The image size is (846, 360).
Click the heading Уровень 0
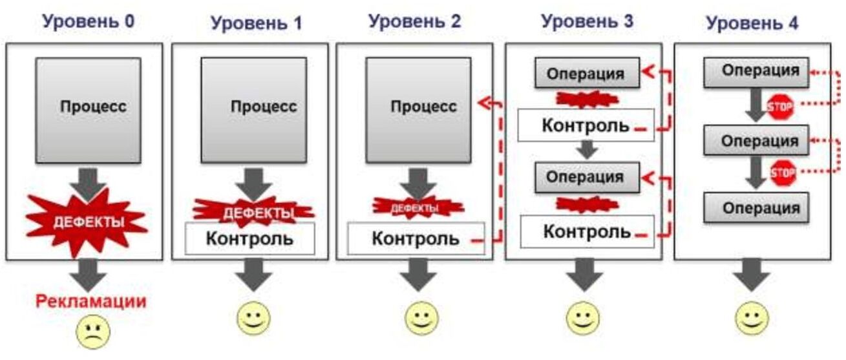pos(89,21)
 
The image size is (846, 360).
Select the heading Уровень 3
pos(587,21)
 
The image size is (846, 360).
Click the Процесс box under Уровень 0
pos(88,110)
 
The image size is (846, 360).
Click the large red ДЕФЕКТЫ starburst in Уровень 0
pos(87,222)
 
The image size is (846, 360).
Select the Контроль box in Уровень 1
pos(249,238)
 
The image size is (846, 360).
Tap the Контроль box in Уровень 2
pos(416,238)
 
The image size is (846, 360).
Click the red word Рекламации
pos(90,301)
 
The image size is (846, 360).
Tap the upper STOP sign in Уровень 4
pos(780,107)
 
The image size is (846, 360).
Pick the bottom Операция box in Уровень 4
pos(756,208)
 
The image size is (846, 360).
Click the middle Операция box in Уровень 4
pos(756,141)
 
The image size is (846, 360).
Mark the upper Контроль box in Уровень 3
pos(586,125)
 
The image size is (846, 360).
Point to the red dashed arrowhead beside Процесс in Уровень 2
pos(481,101)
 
